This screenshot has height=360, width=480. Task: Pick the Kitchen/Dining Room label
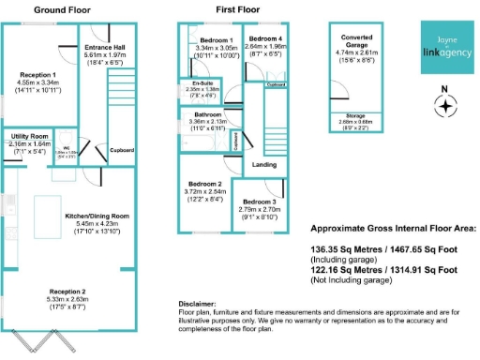coord(96,216)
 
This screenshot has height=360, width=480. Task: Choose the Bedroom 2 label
coord(205,184)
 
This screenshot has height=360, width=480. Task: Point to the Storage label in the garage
coord(355,116)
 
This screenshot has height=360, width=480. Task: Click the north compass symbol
coord(446,105)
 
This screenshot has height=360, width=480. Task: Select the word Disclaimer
coord(197,305)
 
